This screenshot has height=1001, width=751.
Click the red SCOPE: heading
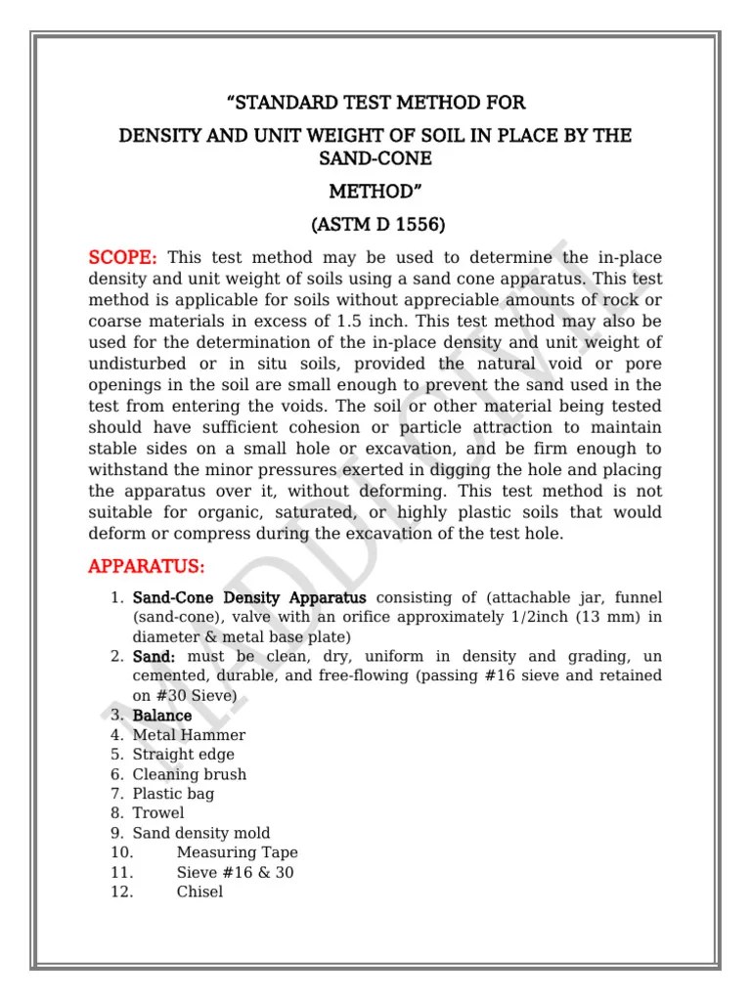click(x=122, y=257)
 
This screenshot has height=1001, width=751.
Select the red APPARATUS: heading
click(x=147, y=566)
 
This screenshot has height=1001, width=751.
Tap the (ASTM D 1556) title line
click(x=376, y=224)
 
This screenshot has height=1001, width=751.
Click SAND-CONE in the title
click(x=375, y=158)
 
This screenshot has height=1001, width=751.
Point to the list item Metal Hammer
click(x=189, y=735)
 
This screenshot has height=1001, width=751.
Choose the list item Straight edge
click(x=183, y=755)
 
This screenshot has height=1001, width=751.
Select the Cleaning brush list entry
click(x=189, y=774)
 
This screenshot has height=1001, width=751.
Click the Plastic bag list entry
click(x=173, y=794)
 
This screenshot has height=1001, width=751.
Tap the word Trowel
click(x=158, y=813)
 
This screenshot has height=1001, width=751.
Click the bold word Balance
click(x=162, y=716)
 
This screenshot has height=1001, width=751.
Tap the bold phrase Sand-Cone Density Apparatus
click(x=249, y=597)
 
